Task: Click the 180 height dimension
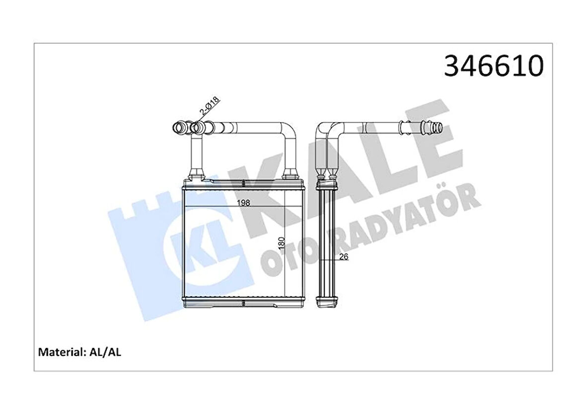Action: (x=281, y=244)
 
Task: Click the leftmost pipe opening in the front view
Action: (x=178, y=128)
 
